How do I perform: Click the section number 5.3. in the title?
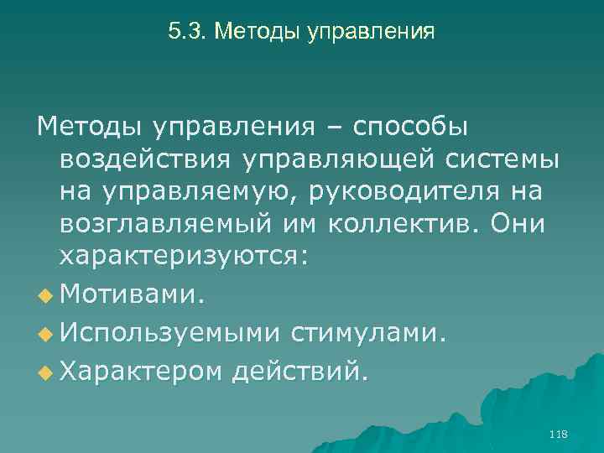187,32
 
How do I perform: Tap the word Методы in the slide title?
249,32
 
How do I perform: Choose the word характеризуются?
185,257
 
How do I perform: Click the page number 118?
557,434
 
